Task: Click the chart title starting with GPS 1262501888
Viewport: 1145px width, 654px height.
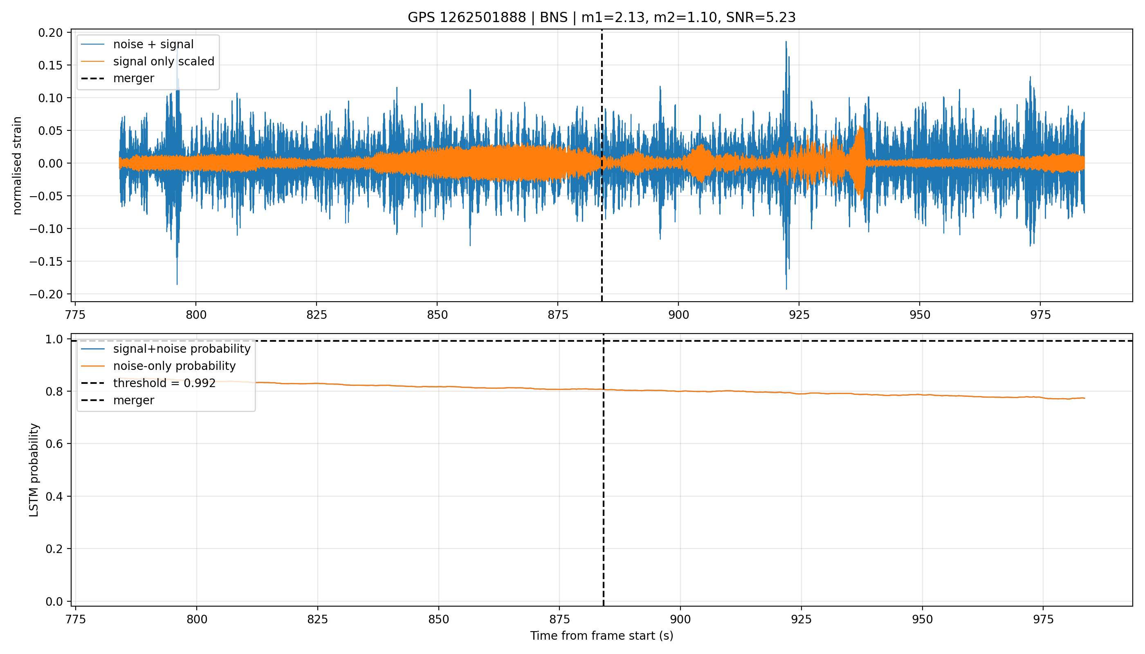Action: tap(601, 18)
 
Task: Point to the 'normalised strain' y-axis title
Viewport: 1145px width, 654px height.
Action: tap(17, 166)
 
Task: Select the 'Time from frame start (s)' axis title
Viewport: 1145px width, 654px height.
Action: tap(601, 636)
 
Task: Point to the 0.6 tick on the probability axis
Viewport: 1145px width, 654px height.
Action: tap(54, 444)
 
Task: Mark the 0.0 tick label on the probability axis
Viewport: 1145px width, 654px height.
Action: tap(54, 601)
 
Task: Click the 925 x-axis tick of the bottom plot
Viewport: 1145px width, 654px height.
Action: tap(801, 619)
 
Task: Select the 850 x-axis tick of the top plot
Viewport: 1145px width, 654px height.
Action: tap(437, 315)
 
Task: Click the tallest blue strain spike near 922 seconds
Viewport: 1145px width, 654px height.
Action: tap(786, 42)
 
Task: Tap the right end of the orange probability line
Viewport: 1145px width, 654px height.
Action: tap(1084, 399)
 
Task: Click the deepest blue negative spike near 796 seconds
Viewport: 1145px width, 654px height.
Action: tap(177, 284)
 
